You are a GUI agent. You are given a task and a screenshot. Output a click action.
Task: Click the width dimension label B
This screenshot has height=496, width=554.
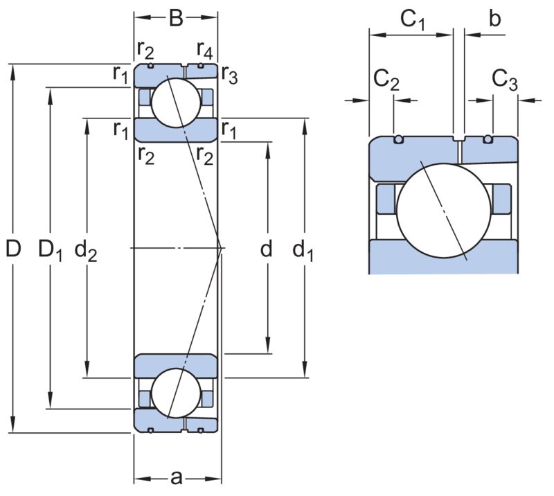[x=176, y=18]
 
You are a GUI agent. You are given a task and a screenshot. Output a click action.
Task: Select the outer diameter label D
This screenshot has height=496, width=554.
[x=13, y=248]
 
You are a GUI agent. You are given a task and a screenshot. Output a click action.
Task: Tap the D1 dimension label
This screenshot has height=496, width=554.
[x=50, y=249]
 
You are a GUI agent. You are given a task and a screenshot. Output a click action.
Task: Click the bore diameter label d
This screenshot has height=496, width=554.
[x=266, y=248]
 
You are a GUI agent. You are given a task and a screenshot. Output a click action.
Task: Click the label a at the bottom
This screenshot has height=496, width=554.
[x=176, y=478]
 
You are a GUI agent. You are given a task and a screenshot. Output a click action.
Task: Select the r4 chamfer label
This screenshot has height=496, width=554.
[x=205, y=49]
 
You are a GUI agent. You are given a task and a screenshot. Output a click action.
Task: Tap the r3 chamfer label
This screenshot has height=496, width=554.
[x=230, y=75]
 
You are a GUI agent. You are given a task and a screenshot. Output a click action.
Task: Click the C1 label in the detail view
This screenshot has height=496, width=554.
[x=412, y=19]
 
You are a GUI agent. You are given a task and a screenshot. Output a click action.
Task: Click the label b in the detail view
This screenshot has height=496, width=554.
[x=495, y=18]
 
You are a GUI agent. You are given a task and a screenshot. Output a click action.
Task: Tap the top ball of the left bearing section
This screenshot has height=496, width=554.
[x=176, y=103]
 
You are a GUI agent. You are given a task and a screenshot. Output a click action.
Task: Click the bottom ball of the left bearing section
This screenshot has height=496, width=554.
[x=176, y=393]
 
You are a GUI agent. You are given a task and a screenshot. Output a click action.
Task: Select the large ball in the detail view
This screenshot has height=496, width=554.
[x=444, y=211]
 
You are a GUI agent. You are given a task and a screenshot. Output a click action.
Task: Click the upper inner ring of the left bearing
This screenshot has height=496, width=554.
[x=176, y=130]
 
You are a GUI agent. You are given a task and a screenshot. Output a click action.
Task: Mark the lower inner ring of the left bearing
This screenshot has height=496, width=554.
[x=176, y=366]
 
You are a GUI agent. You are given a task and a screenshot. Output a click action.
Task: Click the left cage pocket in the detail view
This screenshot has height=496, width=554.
[x=386, y=199]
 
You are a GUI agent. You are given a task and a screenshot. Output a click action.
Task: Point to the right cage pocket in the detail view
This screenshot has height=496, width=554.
[x=501, y=199]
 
